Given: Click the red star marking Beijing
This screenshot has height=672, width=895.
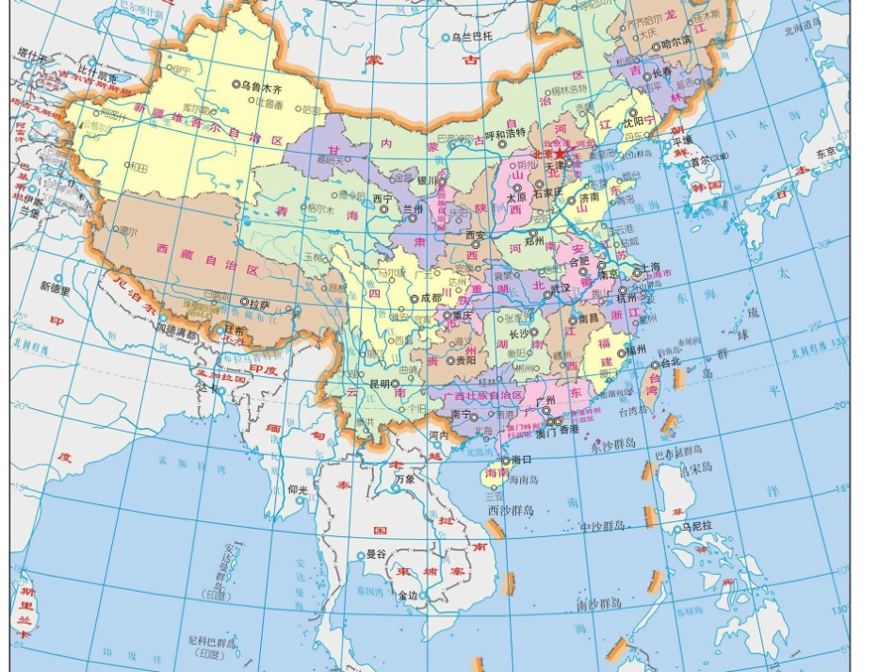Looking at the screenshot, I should (560, 153).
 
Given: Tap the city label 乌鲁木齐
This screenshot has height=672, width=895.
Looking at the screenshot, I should (262, 85).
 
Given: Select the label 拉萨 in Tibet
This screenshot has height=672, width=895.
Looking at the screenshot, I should (261, 303).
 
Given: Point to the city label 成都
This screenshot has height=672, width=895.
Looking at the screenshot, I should (430, 298).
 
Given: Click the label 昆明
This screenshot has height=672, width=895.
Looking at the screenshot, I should (379, 385).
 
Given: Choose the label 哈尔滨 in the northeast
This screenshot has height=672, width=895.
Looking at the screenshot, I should (675, 43).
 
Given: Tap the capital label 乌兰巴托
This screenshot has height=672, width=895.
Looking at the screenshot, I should (472, 38).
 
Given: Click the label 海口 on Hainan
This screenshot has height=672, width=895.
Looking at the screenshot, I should (522, 460).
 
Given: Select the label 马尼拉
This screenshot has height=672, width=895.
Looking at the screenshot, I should (700, 527).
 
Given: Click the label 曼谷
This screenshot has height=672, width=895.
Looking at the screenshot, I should (376, 554).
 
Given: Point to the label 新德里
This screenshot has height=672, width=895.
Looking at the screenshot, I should (55, 288).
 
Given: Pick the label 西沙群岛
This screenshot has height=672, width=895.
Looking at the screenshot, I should (510, 510).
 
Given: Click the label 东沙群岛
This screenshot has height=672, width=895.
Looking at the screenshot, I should (614, 444).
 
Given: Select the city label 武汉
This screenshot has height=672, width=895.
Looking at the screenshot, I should (561, 288).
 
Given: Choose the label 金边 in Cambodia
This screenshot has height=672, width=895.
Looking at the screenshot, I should (408, 595).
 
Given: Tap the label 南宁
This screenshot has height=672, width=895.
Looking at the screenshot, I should (461, 413).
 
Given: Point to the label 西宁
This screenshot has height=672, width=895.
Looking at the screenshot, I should (382, 199).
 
